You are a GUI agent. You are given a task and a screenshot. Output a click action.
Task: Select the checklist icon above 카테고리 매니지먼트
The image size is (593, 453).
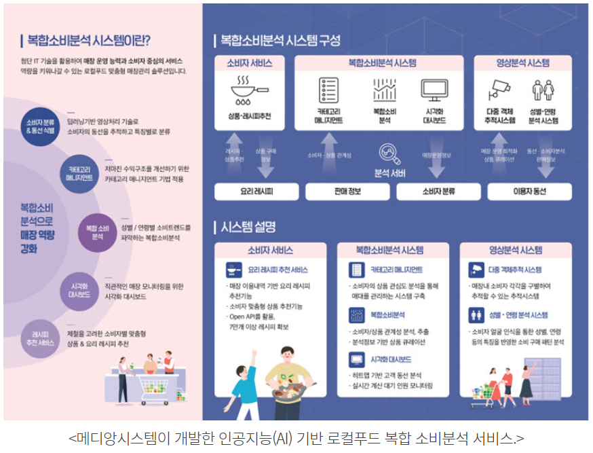click(x=329, y=90)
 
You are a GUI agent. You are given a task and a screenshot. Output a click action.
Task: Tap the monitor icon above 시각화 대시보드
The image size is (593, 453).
click(x=434, y=90)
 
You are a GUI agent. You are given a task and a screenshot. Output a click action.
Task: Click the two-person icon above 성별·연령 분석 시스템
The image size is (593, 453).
click(x=543, y=90)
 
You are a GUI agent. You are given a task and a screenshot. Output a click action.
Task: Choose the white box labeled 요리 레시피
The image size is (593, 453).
click(x=256, y=192)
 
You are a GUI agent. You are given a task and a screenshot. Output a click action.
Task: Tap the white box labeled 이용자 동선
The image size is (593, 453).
click(x=529, y=192)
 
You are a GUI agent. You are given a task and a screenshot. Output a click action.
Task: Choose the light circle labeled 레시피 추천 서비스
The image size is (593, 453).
click(x=41, y=338)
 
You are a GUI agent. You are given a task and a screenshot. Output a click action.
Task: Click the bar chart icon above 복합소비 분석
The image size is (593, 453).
click(x=384, y=90)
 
